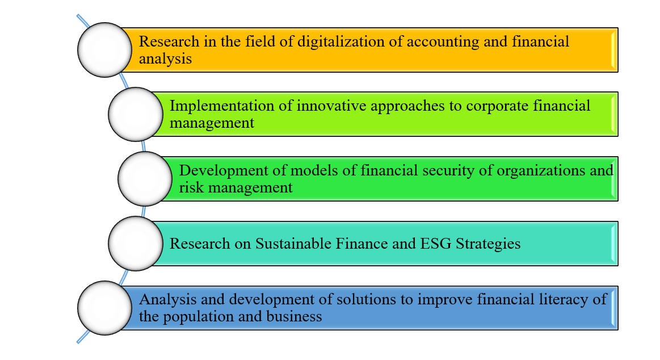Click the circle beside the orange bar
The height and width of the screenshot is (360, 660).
(x=105, y=49)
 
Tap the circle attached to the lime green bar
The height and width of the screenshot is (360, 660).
(x=136, y=114)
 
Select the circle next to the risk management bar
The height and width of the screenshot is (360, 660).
(x=145, y=179)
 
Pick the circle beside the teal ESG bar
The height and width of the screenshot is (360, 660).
(x=136, y=244)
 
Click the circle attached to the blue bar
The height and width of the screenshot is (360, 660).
(x=105, y=308)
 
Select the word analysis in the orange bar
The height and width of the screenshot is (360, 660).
(x=165, y=58)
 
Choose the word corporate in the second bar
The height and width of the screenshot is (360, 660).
(x=497, y=106)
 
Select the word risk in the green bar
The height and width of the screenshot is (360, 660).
(x=191, y=187)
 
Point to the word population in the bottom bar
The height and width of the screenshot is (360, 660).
(x=191, y=317)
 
